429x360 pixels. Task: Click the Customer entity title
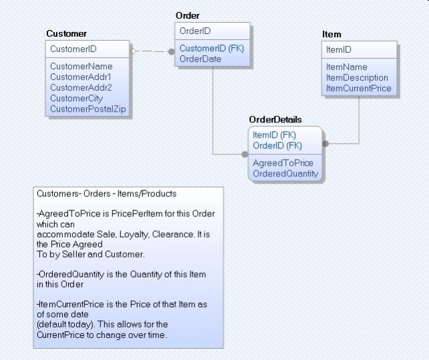66,33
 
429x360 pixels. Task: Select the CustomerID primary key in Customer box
74,49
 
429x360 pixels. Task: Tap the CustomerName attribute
82,66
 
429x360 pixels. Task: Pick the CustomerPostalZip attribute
88,109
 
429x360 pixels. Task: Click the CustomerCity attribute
77,98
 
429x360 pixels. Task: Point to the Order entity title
187,15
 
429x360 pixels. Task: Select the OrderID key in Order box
196,31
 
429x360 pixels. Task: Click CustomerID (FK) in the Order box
211,48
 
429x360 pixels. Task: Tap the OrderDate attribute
200,59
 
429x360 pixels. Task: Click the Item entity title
331,34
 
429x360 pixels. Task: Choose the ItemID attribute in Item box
339,49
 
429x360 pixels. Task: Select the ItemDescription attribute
357,77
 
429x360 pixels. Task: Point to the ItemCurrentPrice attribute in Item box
359,88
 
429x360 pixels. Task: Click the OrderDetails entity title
275,120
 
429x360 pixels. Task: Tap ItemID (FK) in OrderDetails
275,135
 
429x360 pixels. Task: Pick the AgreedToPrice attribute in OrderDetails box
283,163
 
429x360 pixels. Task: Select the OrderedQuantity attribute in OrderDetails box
285,174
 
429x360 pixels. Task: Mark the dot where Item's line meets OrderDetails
325,143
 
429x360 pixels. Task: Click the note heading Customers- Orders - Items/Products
106,194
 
